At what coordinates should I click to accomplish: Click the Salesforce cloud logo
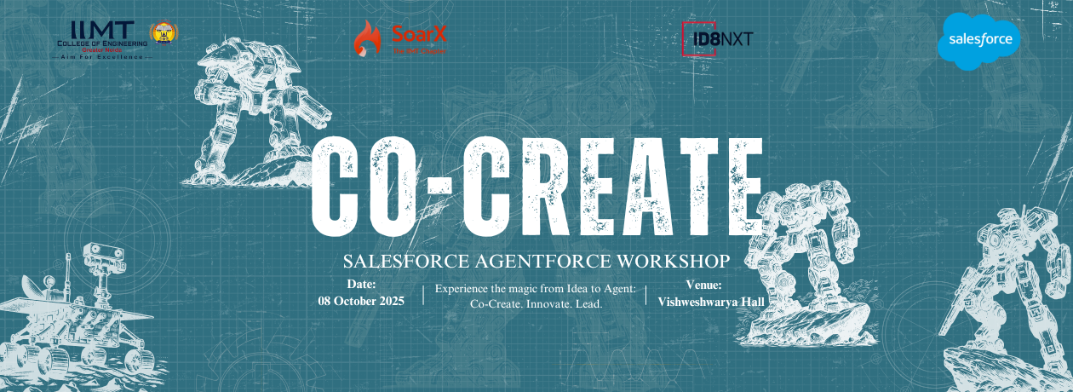click(x=978, y=39)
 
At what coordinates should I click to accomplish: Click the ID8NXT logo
click(x=718, y=38)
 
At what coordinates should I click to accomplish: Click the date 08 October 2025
click(x=361, y=301)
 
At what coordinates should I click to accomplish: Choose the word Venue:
click(x=703, y=285)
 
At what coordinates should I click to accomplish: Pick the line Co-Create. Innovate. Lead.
click(x=536, y=304)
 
